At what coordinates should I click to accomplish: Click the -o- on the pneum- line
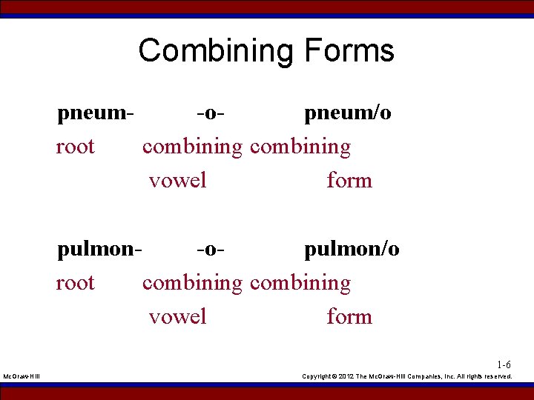[211, 113]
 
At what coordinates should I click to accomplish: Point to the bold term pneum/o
[348, 113]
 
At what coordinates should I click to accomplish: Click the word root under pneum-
[76, 147]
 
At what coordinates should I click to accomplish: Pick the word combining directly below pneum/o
[300, 147]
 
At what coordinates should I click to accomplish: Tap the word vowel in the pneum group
[178, 180]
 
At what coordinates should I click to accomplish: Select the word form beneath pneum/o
[349, 180]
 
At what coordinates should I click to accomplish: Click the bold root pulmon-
[99, 249]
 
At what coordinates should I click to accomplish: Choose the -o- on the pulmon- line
[211, 249]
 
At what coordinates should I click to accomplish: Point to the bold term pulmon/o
[352, 249]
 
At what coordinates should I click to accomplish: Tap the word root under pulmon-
[76, 283]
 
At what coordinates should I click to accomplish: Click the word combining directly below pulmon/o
[300, 283]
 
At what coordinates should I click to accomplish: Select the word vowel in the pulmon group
[178, 317]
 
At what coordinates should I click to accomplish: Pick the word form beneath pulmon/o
[349, 317]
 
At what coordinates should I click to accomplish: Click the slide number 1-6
[504, 364]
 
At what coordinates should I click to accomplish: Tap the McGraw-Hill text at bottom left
[22, 376]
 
